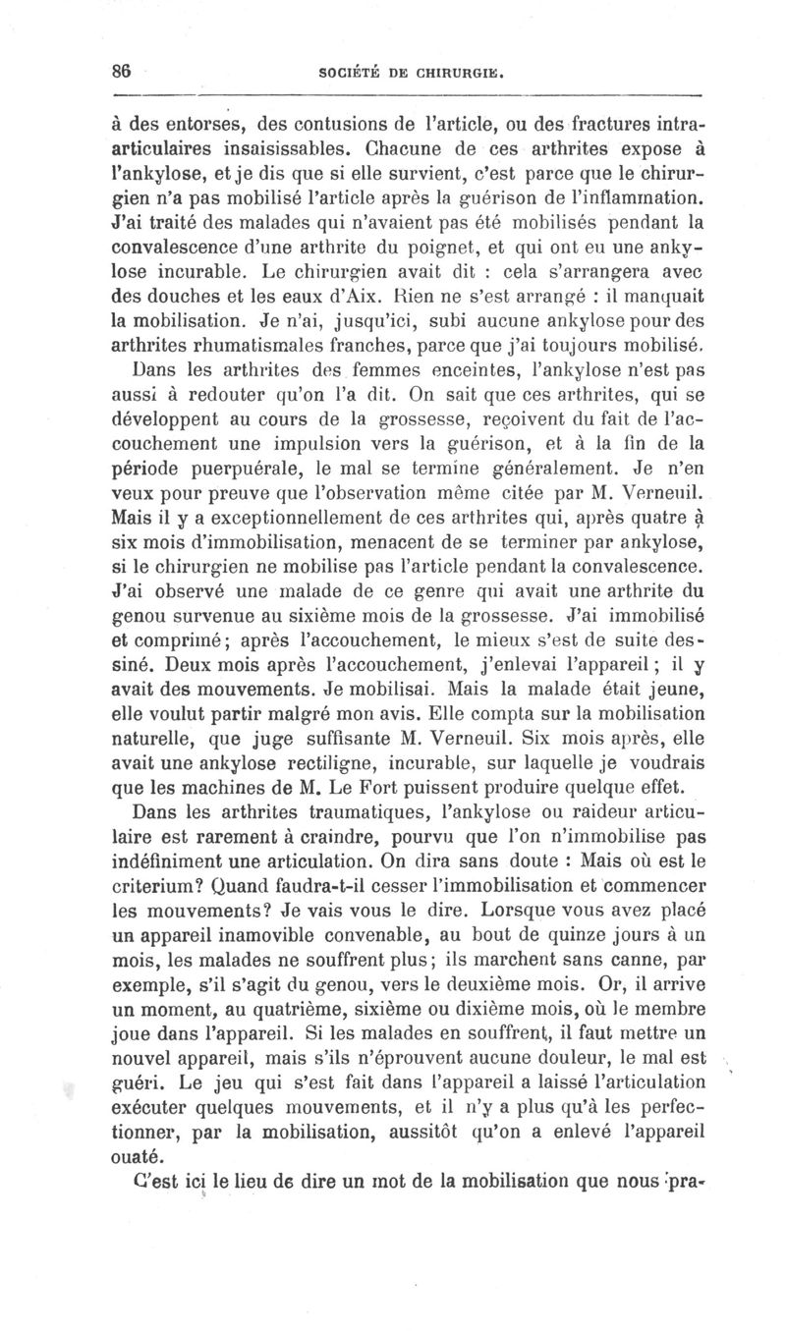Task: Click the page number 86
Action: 122,70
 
